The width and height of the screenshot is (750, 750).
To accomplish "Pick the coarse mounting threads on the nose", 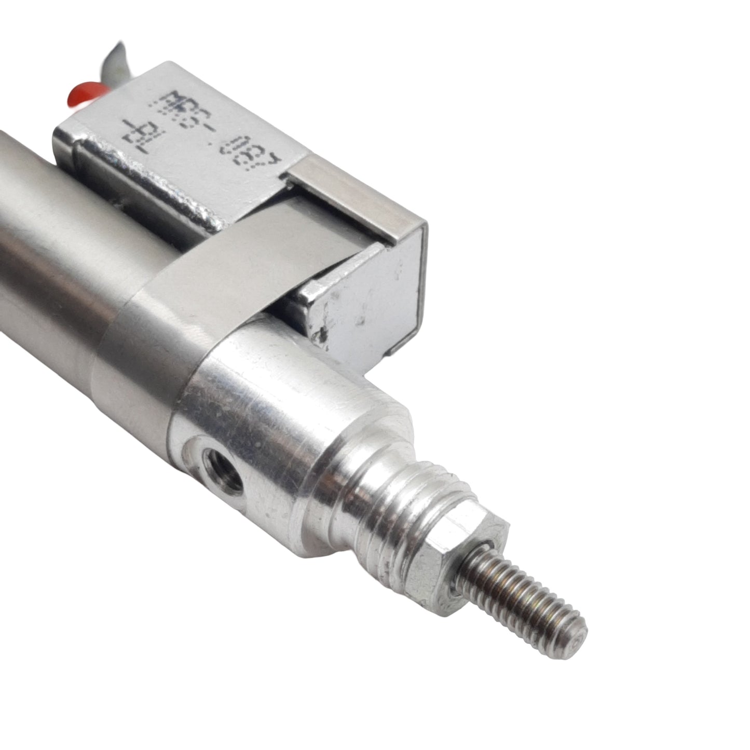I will [394, 509].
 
